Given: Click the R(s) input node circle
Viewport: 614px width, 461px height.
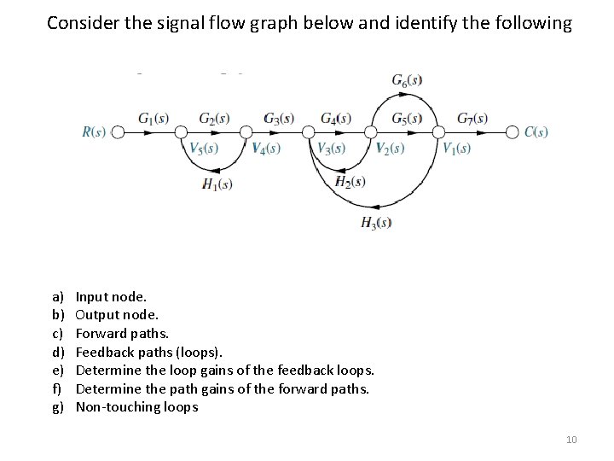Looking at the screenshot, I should click(x=119, y=131).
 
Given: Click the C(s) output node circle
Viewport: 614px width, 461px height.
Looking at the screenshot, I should click(x=512, y=131).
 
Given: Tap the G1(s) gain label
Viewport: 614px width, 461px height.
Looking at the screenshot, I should click(x=153, y=118).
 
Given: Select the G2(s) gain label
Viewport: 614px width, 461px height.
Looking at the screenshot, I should click(x=213, y=118).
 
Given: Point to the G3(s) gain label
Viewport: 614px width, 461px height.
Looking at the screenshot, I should click(x=279, y=118).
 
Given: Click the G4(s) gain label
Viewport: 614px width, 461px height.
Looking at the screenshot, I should click(x=336, y=118).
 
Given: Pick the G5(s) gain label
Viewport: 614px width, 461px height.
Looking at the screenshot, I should click(x=407, y=118).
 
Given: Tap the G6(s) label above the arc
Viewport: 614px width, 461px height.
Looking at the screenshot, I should click(x=407, y=81).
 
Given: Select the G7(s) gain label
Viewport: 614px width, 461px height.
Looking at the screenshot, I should click(x=472, y=118).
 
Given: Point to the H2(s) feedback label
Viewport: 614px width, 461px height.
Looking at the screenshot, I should click(x=350, y=181).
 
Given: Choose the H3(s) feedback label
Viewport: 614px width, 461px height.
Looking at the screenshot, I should click(x=376, y=224).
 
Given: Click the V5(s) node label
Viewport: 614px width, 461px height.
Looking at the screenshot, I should click(x=204, y=149).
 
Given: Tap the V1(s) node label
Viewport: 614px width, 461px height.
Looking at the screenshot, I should click(x=456, y=149).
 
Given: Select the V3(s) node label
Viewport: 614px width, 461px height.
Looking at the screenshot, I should click(x=331, y=149).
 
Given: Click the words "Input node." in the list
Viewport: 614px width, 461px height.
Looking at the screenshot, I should click(x=111, y=297).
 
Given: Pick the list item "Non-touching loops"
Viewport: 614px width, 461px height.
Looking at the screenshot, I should click(x=136, y=406).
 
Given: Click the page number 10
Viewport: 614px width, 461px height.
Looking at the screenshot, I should click(x=571, y=440).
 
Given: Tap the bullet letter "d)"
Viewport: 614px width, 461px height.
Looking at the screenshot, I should click(x=57, y=352).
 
